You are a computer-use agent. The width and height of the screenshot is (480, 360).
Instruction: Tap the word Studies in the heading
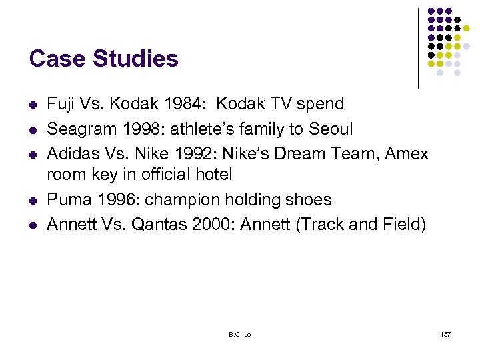pyautogui.click(x=136, y=59)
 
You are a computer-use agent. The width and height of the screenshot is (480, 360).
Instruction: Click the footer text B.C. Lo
pyautogui.click(x=238, y=333)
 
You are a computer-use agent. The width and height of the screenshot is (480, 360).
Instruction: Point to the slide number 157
pyautogui.click(x=445, y=333)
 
